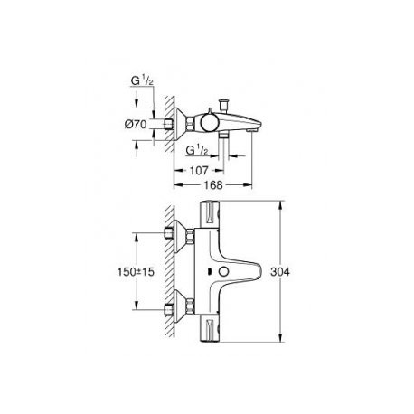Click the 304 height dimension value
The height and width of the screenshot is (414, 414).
click(280, 272)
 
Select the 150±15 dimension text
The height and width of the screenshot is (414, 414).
click(136, 272)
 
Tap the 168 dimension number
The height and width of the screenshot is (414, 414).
click(213, 185)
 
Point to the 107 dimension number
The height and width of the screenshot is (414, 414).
click(199, 171)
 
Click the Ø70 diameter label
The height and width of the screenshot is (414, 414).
click(136, 124)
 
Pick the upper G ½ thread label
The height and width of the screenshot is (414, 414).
click(141, 80)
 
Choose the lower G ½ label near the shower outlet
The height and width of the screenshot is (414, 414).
click(197, 150)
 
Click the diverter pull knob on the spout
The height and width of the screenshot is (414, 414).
click(224, 105)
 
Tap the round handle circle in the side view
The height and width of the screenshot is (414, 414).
click(209, 123)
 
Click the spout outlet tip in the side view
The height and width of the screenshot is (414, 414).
click(251, 130)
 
